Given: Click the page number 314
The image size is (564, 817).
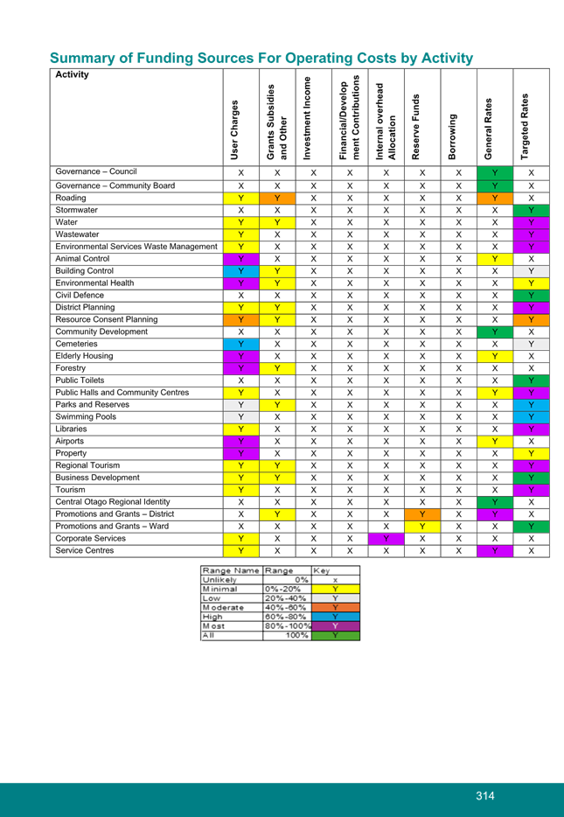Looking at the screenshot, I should (x=485, y=796).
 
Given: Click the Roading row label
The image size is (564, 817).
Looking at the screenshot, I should (x=72, y=198).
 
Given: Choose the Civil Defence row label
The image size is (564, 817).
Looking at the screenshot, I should (x=80, y=295).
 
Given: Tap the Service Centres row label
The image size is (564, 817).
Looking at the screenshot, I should (x=85, y=551).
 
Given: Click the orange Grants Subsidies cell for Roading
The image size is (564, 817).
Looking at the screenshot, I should (x=277, y=199).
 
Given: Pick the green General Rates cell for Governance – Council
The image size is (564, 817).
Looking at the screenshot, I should (x=495, y=173).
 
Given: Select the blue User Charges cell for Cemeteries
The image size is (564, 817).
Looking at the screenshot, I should (x=240, y=344).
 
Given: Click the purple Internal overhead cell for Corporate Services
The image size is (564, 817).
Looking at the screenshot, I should (x=386, y=539).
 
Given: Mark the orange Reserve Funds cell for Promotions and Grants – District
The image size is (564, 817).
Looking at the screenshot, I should (x=421, y=514).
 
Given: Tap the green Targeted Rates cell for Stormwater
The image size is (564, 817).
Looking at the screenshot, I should (x=531, y=210).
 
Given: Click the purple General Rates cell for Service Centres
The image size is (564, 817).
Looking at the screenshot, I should (x=495, y=551).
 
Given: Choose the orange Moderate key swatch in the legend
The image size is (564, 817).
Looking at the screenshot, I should (x=335, y=607).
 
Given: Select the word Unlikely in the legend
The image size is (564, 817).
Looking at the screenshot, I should (x=220, y=579).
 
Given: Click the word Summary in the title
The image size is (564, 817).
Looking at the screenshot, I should (x=80, y=58).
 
